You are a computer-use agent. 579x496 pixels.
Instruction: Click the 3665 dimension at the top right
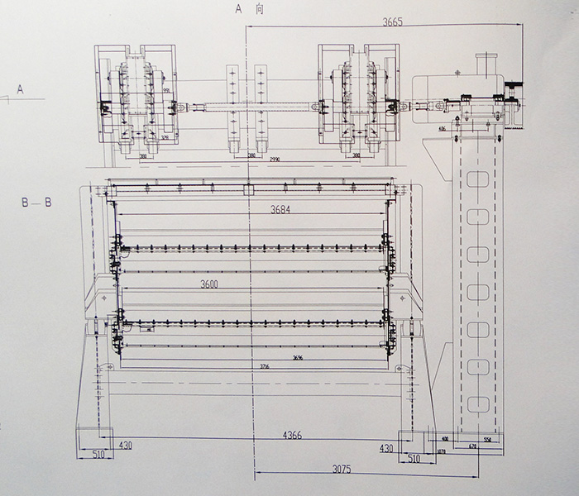[392, 23]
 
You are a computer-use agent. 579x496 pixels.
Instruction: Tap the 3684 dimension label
[282, 210]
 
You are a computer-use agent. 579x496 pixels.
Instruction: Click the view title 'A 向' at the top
[249, 10]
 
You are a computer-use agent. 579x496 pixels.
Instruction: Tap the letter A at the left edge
[21, 86]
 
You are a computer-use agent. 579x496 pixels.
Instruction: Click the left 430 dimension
[125, 446]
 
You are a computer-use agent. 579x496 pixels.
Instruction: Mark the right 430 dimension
[385, 447]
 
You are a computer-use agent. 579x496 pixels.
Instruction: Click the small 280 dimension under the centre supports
[251, 155]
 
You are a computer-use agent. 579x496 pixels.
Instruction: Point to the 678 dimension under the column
[472, 446]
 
